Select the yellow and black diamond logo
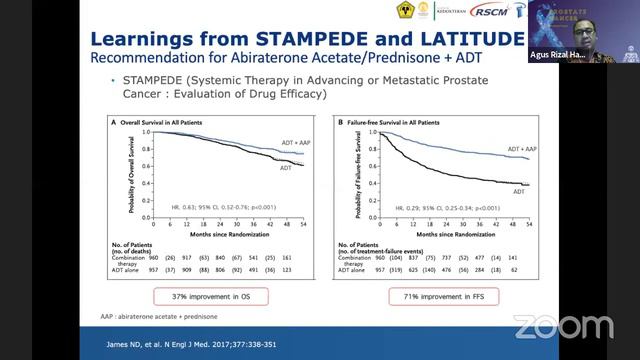click(x=406, y=13)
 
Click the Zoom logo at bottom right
click(x=563, y=326)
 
